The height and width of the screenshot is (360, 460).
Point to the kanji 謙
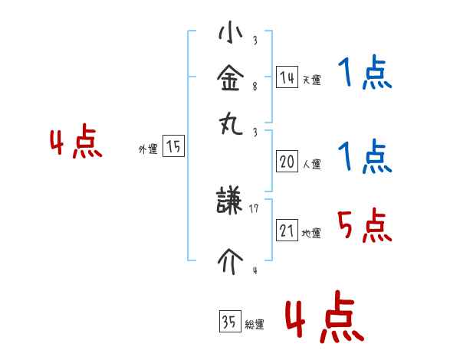230,204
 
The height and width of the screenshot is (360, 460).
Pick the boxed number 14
287,77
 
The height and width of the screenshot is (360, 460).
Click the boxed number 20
287,162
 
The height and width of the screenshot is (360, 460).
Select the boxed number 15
174,147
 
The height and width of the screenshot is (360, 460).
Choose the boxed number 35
229,322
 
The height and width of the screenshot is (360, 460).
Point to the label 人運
311,164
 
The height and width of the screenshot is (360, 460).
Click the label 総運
254,325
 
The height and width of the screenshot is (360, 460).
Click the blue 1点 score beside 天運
364,74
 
